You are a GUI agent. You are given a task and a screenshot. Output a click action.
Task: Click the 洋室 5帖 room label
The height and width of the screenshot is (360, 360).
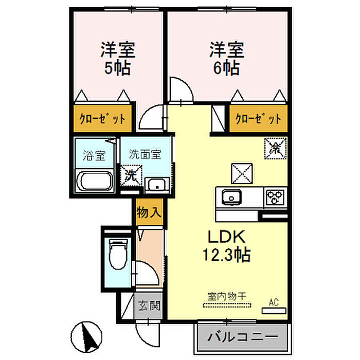click(x=117, y=59)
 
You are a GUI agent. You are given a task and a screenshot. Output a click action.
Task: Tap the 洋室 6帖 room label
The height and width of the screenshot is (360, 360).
click(x=226, y=59)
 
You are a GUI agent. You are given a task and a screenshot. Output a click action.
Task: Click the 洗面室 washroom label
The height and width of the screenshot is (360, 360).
click(x=145, y=154)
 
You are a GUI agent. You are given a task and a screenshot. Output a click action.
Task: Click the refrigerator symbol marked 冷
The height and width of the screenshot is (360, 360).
click(x=276, y=149)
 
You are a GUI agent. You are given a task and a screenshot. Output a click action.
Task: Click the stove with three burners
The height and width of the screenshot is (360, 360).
click(x=276, y=197)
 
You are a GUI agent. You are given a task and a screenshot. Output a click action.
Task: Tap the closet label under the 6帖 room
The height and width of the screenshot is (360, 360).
click(x=258, y=119)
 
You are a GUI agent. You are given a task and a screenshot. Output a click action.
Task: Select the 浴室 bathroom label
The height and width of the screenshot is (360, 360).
click(x=94, y=154)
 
